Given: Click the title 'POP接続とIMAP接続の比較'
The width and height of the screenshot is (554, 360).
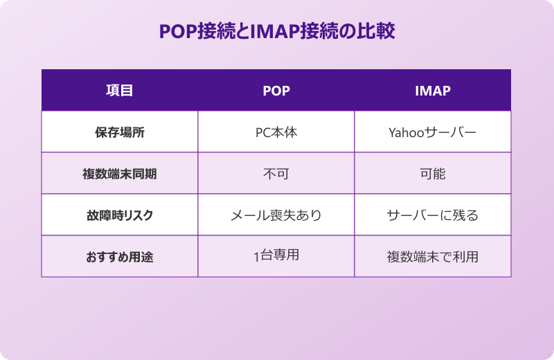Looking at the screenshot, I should pos(277,32).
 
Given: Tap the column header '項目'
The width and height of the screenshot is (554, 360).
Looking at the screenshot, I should pos(119,90).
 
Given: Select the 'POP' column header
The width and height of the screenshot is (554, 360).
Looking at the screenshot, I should pos(276,90).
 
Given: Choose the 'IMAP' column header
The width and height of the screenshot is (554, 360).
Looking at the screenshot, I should pos(432,90).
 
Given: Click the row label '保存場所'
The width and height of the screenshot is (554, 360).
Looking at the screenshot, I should pos(119,132).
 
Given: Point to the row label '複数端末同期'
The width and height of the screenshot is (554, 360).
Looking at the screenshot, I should pos(119,173).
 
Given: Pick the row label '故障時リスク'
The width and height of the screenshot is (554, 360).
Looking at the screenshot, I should pos(119,215).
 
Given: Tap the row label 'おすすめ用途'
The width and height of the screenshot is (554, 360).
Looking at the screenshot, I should pos(119,256).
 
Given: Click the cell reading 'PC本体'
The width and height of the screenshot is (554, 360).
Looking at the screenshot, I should pos(276,132).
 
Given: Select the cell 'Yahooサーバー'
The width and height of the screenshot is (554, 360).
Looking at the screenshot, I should pos(432,132).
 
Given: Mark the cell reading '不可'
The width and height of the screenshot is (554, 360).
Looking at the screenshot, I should pos(276,173).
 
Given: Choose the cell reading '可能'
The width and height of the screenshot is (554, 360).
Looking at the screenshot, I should pos(432,173).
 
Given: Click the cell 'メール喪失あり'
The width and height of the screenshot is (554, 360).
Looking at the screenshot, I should pos(276,215).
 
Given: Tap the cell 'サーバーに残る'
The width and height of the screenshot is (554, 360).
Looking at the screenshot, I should pos(432,215).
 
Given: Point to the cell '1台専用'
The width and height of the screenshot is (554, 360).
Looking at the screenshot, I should pos(276,256).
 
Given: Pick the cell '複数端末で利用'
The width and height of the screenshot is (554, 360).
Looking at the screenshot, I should pos(432,256).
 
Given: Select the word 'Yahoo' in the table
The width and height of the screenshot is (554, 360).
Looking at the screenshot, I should pos(406,132).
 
